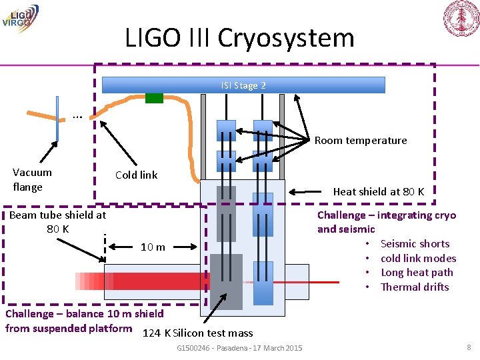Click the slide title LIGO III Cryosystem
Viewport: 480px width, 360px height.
click(239, 38)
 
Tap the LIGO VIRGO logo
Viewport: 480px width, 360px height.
click(20, 17)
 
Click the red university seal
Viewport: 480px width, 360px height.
click(461, 18)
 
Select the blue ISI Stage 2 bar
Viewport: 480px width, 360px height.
click(243, 85)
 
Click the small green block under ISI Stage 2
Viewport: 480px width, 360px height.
click(154, 98)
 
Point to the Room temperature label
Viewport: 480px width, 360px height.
click(360, 140)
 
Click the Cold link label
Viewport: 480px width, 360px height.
click(136, 175)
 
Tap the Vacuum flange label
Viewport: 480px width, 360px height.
click(32, 179)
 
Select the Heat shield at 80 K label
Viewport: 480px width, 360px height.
click(378, 191)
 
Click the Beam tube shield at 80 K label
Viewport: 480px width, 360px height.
click(57, 221)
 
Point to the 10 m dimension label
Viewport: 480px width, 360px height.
click(153, 247)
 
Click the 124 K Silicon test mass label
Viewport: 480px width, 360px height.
click(198, 333)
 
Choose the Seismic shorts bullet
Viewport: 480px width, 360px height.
click(415, 243)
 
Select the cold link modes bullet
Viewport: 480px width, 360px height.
click(418, 258)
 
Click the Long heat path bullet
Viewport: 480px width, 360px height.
click(417, 272)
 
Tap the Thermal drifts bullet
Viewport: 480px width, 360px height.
click(415, 287)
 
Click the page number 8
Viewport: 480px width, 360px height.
click(469, 347)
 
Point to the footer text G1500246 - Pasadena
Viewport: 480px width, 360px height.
click(239, 348)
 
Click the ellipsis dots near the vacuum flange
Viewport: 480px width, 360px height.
click(77, 117)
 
